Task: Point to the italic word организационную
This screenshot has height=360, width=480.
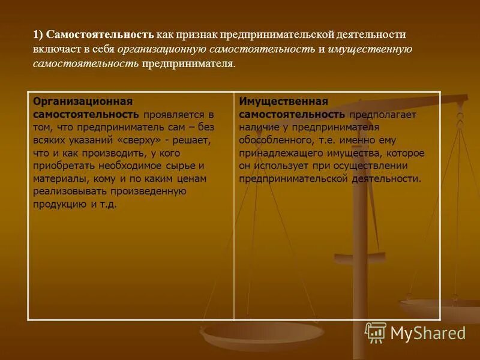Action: [x=162, y=49]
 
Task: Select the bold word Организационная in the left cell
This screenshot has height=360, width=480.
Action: [x=82, y=101]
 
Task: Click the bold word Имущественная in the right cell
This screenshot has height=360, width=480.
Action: [x=283, y=101]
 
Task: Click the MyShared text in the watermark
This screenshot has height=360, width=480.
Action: [x=428, y=332]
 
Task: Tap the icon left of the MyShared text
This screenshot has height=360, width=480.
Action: [x=376, y=332]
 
